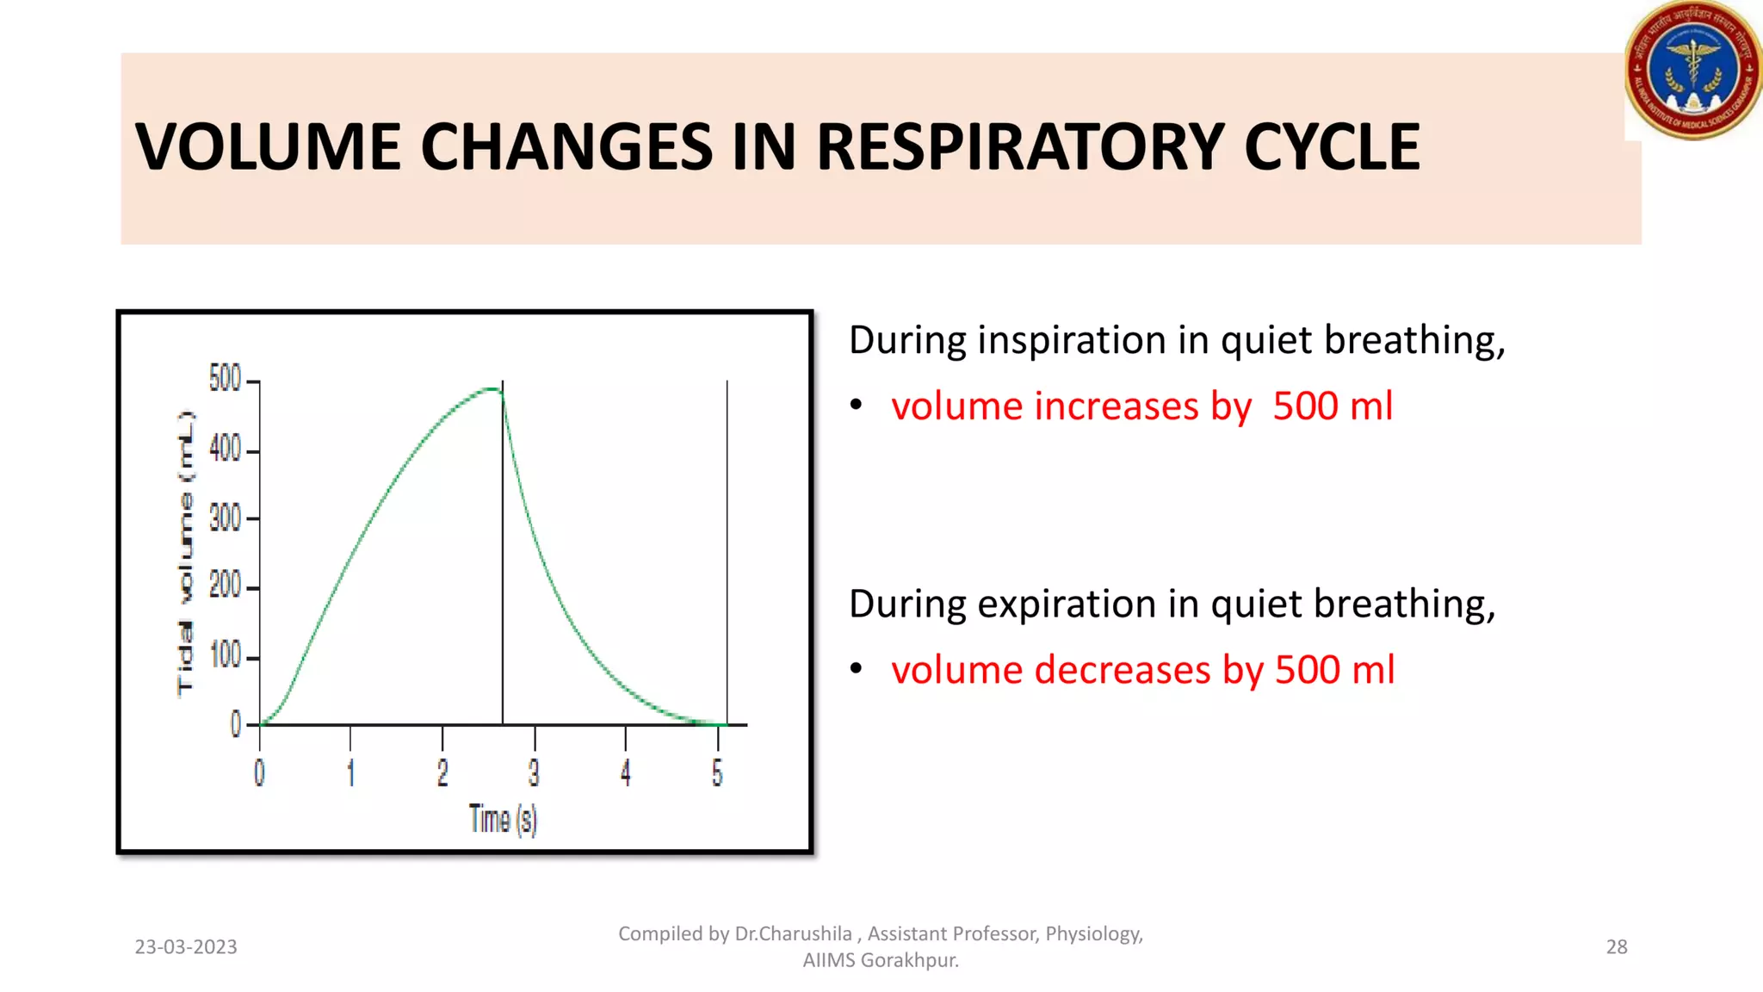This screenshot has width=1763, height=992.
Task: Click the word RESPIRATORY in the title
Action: click(1020, 146)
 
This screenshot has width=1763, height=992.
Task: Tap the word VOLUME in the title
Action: click(268, 146)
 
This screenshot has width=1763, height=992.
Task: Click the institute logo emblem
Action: click(1692, 71)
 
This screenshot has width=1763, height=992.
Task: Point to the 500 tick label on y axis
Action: click(225, 378)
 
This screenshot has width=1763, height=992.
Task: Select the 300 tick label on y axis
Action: click(225, 518)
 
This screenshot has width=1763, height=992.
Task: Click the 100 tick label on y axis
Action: click(225, 656)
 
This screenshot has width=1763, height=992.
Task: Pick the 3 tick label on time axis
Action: click(534, 772)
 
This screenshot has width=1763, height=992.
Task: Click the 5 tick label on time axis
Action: click(717, 772)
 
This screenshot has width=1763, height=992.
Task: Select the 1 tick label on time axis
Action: click(350, 772)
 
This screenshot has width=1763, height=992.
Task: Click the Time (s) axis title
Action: click(503, 819)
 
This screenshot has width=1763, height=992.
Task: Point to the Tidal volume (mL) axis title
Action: click(185, 553)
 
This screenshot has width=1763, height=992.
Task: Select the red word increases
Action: click(1116, 406)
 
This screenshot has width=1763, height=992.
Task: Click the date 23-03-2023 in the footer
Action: click(186, 946)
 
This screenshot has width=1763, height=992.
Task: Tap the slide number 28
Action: click(1617, 946)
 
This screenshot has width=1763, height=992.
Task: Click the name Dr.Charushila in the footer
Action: click(793, 933)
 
